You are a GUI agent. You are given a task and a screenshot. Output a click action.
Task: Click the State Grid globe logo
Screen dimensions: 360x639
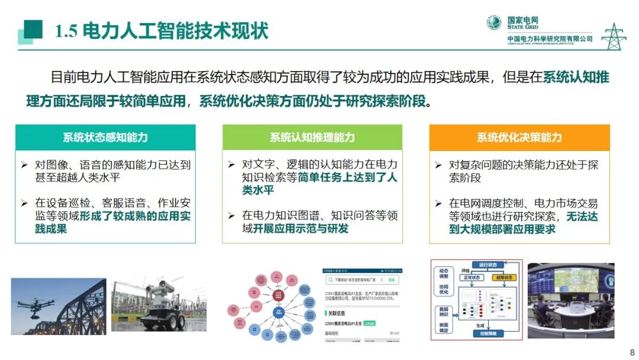(x=494, y=22)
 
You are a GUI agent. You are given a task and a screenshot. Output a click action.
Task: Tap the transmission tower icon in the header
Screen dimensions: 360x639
(x=613, y=36)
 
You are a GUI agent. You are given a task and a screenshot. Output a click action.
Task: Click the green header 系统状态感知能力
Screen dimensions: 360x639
(x=105, y=137)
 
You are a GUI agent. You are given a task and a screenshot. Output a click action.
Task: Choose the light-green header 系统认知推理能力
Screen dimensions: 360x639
(x=312, y=137)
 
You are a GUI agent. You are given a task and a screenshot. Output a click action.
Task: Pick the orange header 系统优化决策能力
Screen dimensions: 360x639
(x=519, y=137)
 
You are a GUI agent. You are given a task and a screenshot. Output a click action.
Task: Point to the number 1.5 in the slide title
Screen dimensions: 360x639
(x=66, y=31)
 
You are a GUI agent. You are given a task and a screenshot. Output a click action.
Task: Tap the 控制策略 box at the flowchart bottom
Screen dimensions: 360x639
(x=488, y=334)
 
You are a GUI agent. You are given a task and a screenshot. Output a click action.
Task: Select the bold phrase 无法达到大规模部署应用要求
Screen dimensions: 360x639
(x=524, y=223)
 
